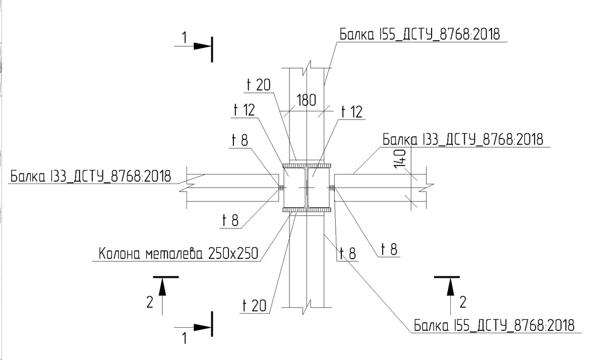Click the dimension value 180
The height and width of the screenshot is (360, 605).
point(307,100)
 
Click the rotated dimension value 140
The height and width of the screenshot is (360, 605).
point(400,159)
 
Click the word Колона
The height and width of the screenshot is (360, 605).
point(119,254)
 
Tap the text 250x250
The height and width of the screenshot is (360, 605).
point(233,253)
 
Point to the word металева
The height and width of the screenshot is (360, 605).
point(174,254)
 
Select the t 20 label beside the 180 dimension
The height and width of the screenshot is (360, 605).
point(259,85)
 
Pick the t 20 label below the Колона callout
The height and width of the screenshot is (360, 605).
point(255,306)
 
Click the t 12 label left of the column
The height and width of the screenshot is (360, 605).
point(244,110)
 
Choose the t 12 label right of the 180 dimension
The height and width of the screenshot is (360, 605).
point(352,112)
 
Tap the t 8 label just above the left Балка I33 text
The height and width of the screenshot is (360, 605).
point(240,140)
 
